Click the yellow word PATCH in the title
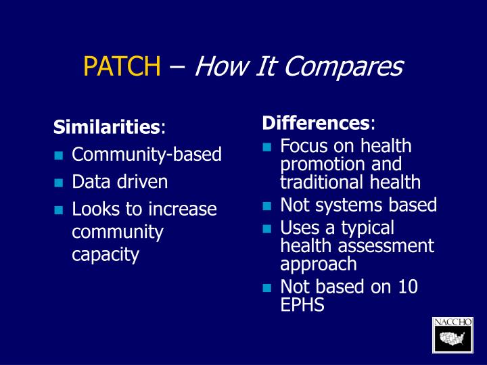point(122,67)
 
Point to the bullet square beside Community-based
point(59,155)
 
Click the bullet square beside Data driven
point(59,182)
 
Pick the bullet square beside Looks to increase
point(59,210)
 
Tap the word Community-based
point(147,155)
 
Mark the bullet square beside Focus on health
point(267,147)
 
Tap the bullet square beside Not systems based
point(267,205)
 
